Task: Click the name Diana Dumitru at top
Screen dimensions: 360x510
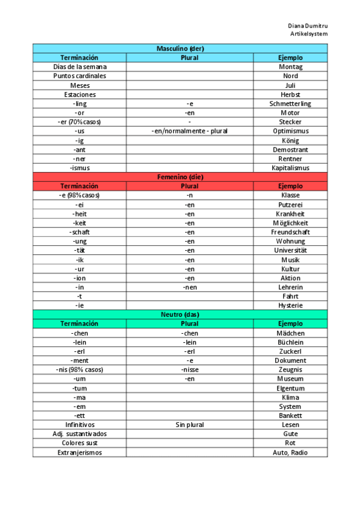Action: [307, 26]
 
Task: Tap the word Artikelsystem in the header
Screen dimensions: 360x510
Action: [309, 34]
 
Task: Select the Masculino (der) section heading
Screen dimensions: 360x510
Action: [180, 48]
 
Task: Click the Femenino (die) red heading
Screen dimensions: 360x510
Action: [180, 177]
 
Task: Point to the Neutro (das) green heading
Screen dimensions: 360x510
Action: [180, 315]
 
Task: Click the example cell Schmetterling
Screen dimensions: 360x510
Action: [290, 103]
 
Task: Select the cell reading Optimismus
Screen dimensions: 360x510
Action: [290, 131]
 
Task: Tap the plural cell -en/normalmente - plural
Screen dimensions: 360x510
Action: [189, 131]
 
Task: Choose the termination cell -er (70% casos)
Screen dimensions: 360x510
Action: [79, 122]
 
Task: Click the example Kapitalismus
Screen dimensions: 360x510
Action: [290, 168]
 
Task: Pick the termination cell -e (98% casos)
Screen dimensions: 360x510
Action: [79, 195]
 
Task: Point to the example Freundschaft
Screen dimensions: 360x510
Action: [290, 232]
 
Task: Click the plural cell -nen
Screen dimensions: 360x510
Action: [189, 287]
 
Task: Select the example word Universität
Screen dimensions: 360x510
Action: [290, 251]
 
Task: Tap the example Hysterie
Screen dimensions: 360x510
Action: [290, 306]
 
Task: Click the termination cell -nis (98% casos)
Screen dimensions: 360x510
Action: [79, 370]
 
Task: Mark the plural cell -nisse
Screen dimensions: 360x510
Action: [189, 370]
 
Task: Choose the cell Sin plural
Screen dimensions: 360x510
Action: [189, 425]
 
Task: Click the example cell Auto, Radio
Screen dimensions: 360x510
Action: [290, 452]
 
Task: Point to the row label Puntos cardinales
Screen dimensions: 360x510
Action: [79, 76]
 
